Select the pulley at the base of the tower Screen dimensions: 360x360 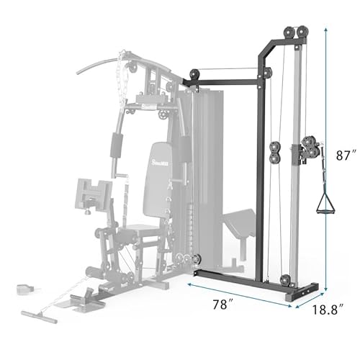286,280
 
